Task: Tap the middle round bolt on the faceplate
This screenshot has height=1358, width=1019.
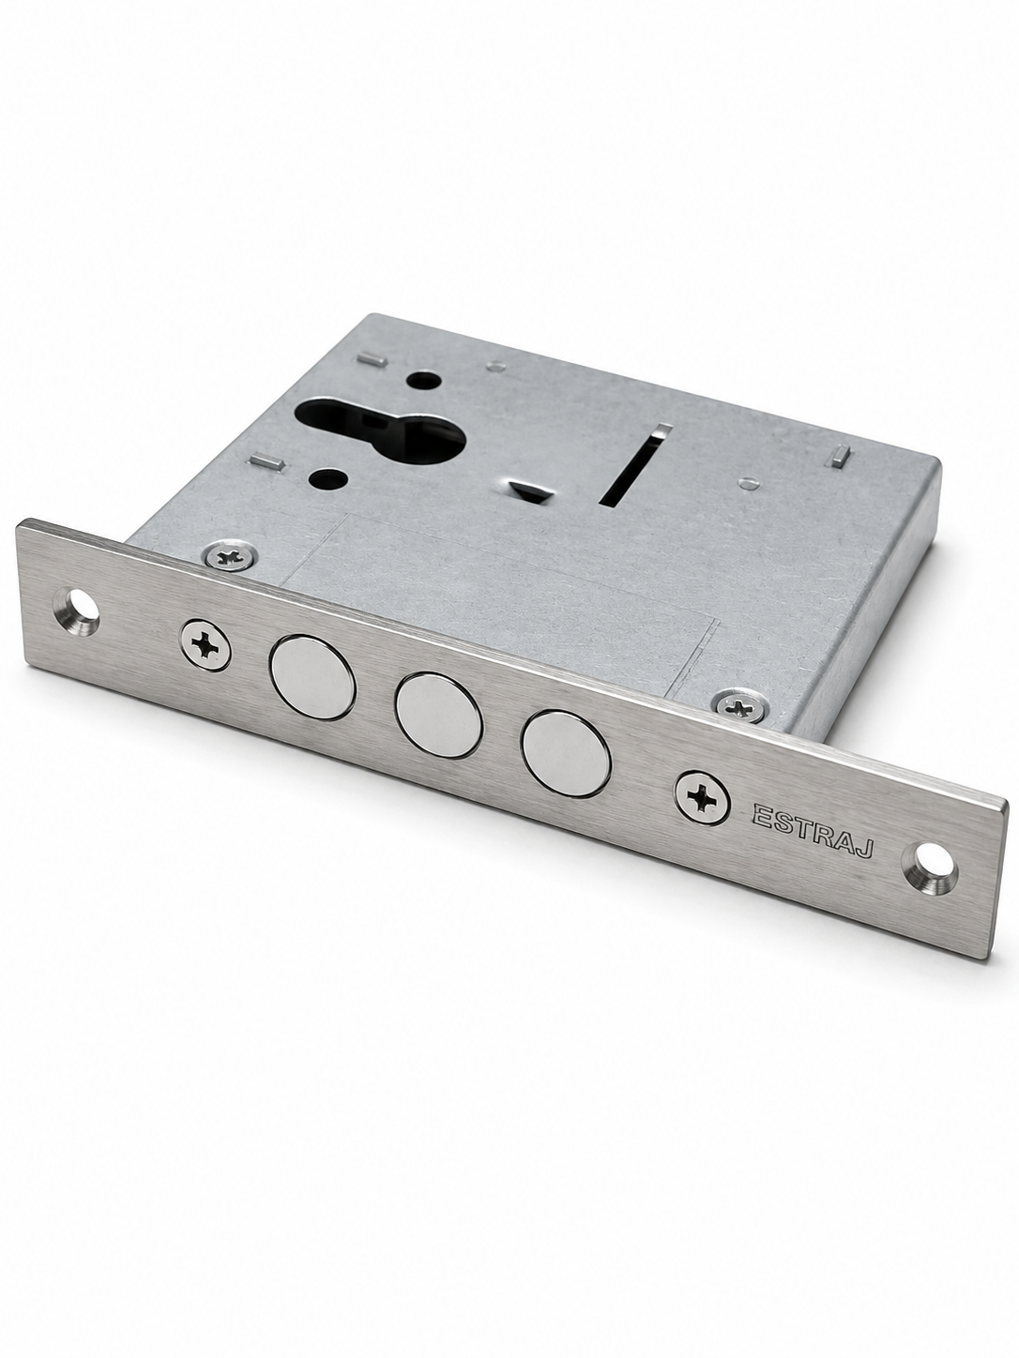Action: [x=439, y=715]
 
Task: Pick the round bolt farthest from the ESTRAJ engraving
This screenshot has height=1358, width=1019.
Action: [x=312, y=677]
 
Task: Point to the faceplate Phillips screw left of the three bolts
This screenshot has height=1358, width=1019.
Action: [x=206, y=644]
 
